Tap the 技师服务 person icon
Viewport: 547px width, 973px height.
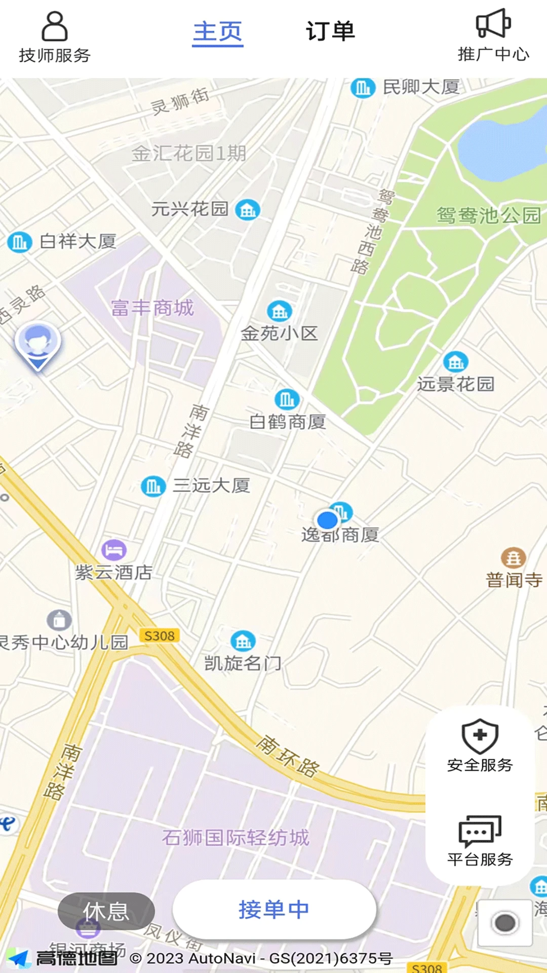point(54,26)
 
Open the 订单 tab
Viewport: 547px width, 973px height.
point(330,31)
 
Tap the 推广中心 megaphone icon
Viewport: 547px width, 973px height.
point(493,23)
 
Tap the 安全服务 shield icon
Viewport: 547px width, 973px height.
point(480,736)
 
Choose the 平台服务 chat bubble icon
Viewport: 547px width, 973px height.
point(480,831)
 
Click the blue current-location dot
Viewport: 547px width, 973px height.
point(327,520)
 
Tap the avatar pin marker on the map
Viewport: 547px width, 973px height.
point(37,345)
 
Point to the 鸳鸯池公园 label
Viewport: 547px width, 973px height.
point(489,215)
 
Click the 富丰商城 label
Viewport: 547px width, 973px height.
point(152,308)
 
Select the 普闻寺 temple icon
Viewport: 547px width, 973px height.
point(513,558)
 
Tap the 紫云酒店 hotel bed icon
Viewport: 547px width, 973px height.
point(114,549)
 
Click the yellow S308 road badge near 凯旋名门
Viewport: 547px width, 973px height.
point(159,636)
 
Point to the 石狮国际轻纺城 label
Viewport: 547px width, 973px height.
point(236,838)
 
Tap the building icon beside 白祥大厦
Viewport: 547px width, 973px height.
point(19,242)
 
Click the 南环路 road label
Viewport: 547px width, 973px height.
point(288,756)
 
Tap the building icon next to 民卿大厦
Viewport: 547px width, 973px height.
point(363,88)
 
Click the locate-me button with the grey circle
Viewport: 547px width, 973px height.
point(505,923)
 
